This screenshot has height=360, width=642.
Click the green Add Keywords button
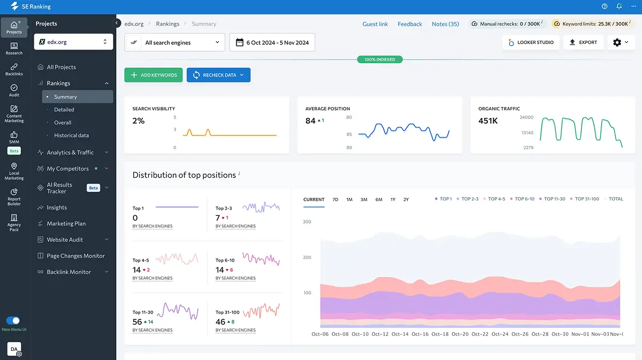154,75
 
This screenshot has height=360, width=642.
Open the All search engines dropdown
174,42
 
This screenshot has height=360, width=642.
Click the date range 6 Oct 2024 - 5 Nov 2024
272,42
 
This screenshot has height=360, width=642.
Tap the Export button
583,42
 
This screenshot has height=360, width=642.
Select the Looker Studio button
531,42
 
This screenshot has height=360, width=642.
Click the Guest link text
375,24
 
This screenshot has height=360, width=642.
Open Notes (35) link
445,24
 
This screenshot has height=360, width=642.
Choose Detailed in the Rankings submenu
64,110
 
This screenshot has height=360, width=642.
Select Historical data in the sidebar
71,135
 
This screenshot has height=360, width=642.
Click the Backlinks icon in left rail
14,69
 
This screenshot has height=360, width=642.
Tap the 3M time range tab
364,200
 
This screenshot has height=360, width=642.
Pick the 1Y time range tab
393,200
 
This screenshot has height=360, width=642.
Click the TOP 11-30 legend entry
554,199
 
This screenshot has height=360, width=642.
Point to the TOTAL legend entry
615,199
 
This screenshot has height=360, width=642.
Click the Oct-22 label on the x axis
480,334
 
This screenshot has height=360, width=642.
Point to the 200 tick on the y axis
307,257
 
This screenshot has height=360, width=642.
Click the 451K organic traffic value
488,121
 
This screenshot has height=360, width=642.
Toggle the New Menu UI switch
13,320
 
